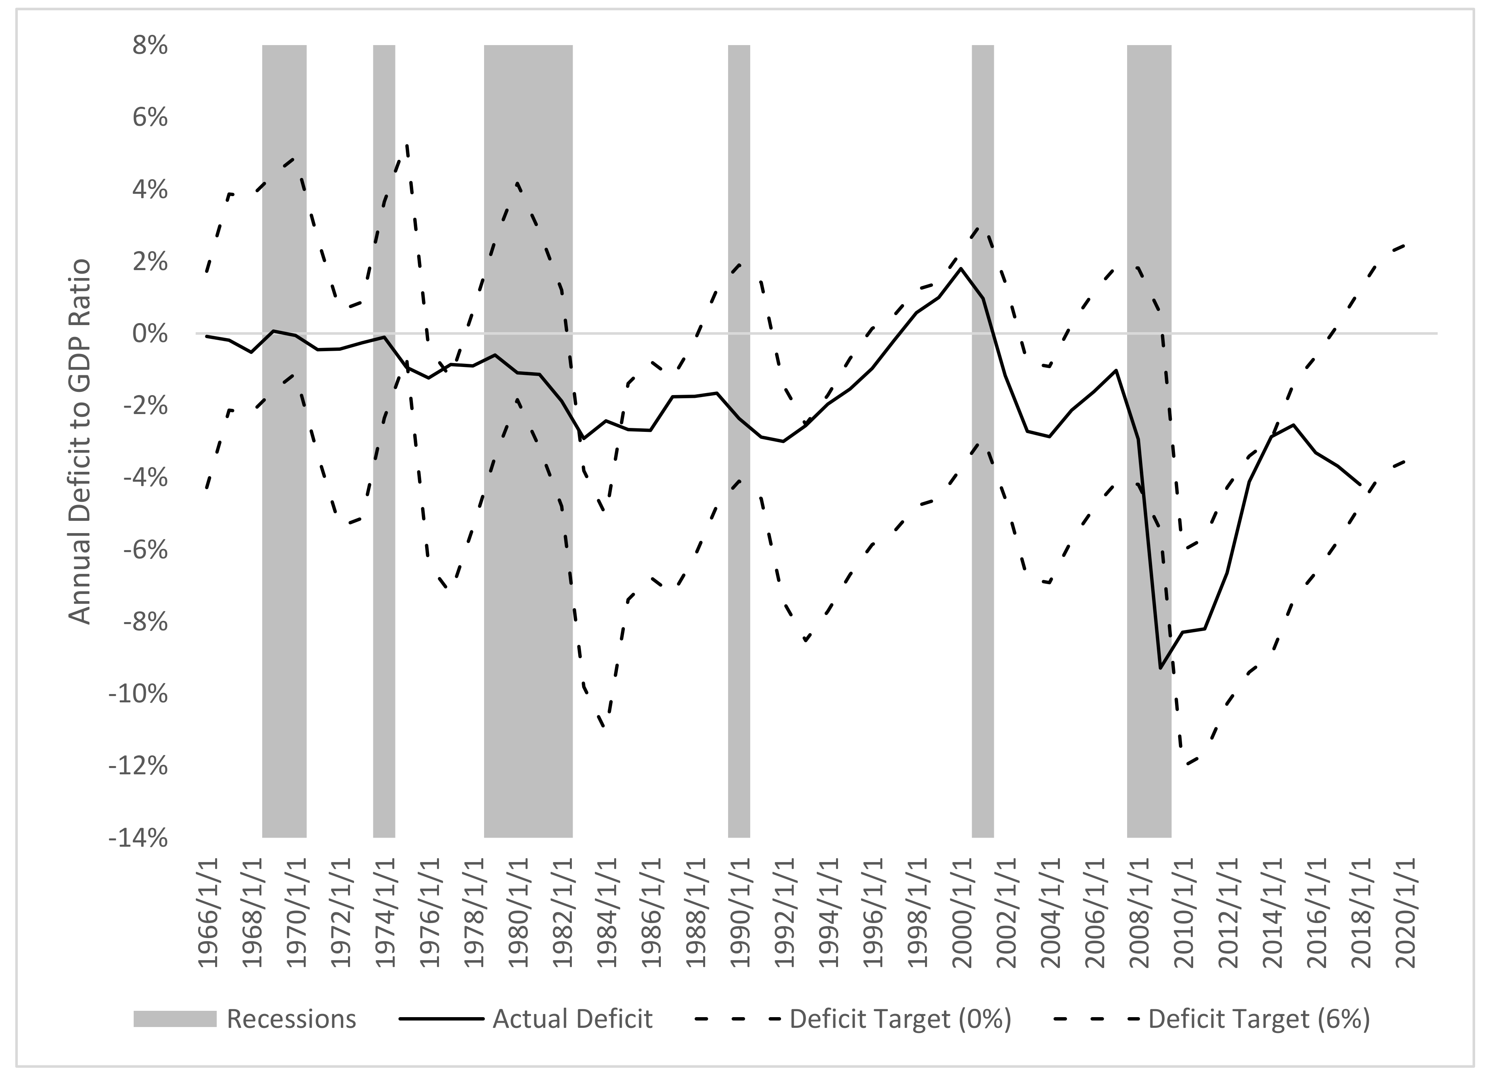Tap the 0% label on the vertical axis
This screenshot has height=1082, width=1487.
coord(150,335)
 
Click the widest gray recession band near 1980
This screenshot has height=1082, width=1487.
coord(528,590)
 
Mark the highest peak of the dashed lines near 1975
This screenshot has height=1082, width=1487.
coord(407,146)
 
